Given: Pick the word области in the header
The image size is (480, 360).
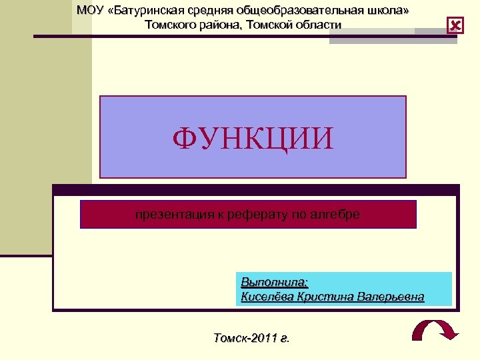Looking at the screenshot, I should pos(316,25).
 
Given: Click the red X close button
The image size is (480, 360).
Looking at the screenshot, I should pos(455,26).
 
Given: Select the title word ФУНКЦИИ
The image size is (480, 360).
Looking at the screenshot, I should pos(252,139).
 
